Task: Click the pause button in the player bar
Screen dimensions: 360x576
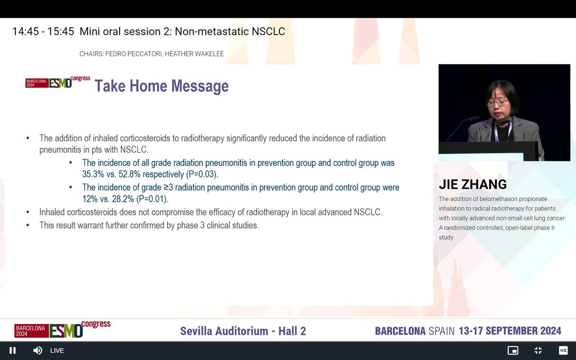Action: click(x=12, y=350)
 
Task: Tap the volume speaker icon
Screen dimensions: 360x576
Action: click(x=37, y=350)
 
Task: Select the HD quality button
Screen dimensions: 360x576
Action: click(x=563, y=350)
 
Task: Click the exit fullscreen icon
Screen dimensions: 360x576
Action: click(x=538, y=350)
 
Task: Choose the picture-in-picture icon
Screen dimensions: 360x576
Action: click(x=513, y=350)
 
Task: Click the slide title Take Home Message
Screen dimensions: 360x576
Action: click(x=161, y=86)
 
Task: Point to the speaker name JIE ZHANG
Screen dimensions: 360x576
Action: click(x=473, y=185)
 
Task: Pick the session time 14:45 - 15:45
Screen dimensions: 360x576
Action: click(x=43, y=32)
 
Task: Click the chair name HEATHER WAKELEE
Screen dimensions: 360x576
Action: click(x=194, y=54)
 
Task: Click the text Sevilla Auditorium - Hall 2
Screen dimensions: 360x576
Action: click(x=243, y=331)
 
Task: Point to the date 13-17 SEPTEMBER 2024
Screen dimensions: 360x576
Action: click(x=510, y=331)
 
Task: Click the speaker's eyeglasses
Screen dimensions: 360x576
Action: click(x=497, y=102)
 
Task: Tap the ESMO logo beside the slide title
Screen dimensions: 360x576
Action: click(x=58, y=83)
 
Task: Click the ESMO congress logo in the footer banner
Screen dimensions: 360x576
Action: click(x=62, y=329)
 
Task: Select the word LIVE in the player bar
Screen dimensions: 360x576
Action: click(x=57, y=350)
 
